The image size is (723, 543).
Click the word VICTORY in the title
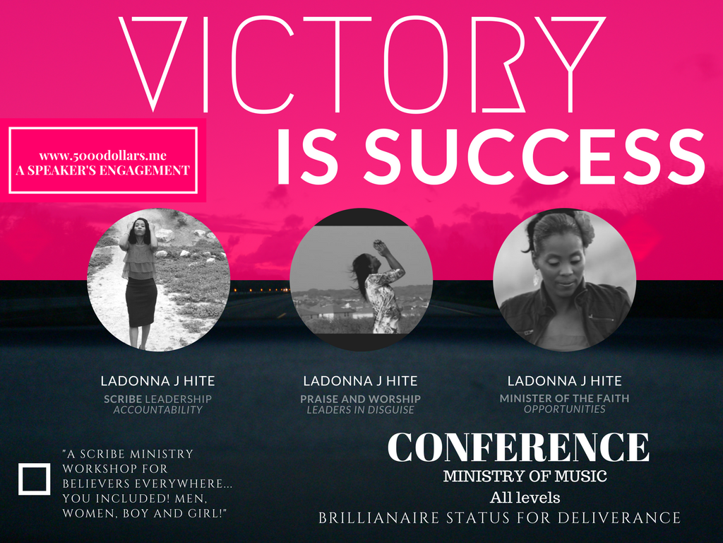[x=362, y=64]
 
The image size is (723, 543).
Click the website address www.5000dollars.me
[x=103, y=156]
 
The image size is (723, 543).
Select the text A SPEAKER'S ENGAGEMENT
[x=103, y=170]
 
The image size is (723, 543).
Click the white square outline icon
[x=34, y=479]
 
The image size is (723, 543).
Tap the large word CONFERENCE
[x=518, y=448]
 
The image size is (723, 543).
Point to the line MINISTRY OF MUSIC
[x=525, y=476]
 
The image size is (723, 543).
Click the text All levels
[x=525, y=498]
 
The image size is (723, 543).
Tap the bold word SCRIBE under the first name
[x=123, y=399]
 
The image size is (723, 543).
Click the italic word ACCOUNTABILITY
[x=157, y=410]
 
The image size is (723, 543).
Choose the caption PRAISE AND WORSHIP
[x=361, y=399]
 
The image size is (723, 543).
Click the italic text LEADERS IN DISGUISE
[x=361, y=410]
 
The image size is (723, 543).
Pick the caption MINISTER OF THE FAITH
[x=564, y=398]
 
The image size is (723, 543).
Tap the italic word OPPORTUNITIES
[x=564, y=409]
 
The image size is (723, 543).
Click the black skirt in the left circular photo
[x=141, y=302]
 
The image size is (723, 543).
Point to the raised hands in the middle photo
[x=381, y=246]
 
